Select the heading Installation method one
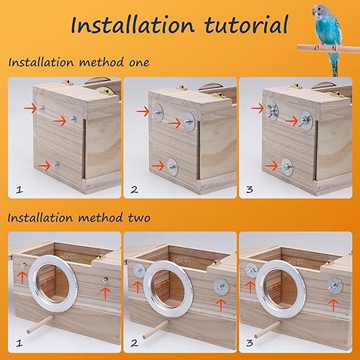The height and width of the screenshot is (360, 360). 79,62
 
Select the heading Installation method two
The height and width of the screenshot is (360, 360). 79,217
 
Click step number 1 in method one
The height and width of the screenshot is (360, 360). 19,190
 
